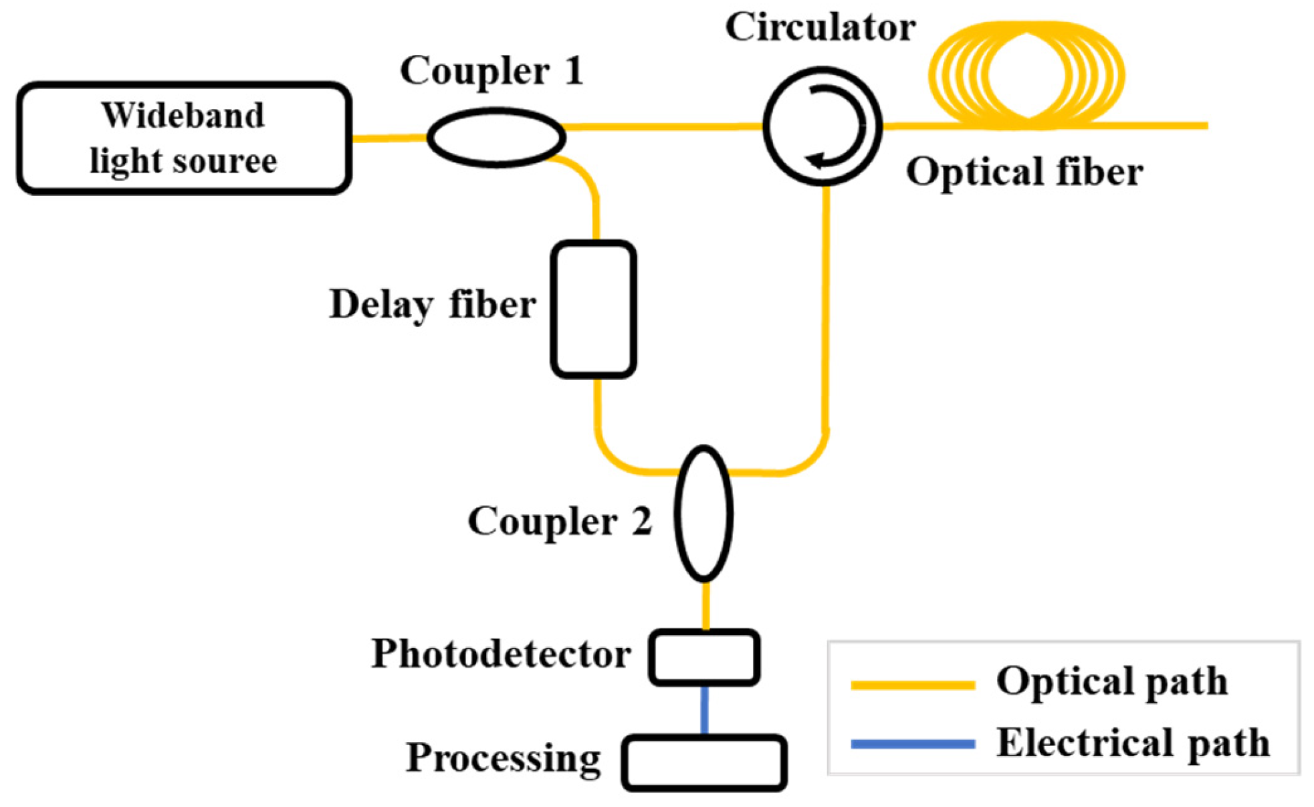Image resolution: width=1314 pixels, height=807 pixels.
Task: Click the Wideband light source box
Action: (184, 138)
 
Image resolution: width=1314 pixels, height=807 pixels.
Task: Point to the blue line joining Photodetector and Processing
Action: (704, 710)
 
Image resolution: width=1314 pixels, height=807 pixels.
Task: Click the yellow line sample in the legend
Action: (913, 684)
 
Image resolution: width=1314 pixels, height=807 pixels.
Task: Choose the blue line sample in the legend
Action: (913, 743)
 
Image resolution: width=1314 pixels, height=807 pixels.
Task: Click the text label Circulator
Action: (820, 28)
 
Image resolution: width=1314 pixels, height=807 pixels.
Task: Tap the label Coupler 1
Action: (491, 71)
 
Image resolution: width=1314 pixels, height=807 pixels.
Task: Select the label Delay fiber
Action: (433, 305)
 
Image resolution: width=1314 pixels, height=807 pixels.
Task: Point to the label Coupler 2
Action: (560, 522)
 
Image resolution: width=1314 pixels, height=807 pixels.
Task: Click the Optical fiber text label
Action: (1024, 172)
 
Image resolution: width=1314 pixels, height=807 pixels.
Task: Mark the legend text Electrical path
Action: (1133, 743)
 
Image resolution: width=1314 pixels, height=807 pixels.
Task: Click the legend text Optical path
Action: (1112, 683)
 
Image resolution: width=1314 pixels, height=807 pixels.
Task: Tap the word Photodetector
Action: (501, 654)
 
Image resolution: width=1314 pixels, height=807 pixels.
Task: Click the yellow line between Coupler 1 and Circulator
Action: (663, 126)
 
